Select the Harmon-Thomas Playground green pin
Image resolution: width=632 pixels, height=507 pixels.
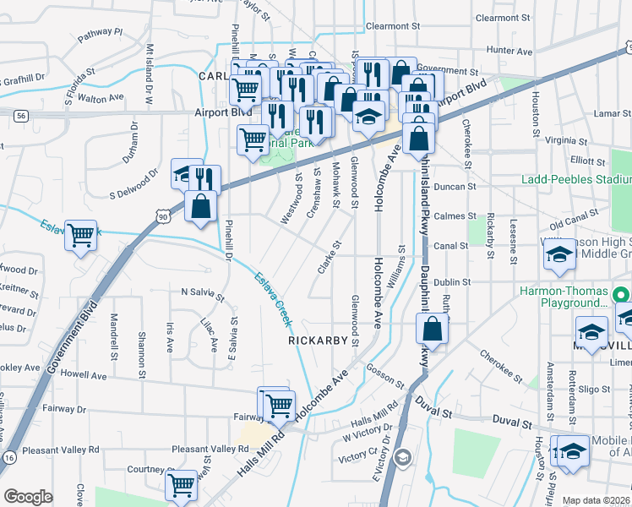[621, 295]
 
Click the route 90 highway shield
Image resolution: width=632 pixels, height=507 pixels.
[161, 217]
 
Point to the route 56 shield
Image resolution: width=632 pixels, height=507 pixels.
[21, 115]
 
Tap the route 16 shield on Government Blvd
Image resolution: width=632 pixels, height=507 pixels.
[8, 456]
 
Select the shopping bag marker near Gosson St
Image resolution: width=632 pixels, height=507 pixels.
[432, 329]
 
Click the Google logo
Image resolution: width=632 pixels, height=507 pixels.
[28, 496]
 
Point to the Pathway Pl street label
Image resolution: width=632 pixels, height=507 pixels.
[100, 35]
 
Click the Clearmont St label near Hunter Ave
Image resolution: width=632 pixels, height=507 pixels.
[502, 17]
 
